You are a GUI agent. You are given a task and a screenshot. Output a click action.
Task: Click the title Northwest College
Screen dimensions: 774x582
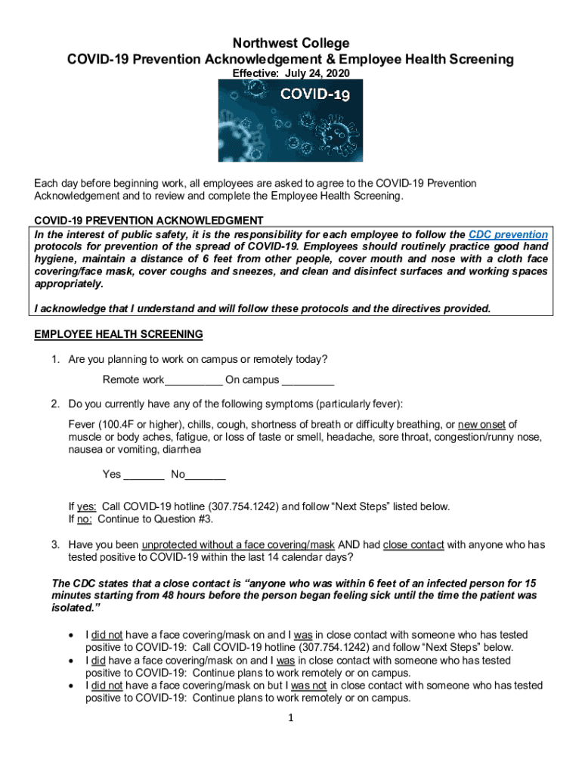[x=290, y=43]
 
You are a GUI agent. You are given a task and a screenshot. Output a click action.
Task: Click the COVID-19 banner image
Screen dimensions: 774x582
[x=290, y=120]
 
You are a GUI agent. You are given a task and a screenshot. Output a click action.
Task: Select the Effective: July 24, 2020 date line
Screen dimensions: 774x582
[x=290, y=74]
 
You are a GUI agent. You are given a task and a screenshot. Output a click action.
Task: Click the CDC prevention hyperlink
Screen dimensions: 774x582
[x=508, y=235]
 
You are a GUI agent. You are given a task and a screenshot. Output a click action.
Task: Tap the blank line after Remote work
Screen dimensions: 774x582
[x=193, y=380]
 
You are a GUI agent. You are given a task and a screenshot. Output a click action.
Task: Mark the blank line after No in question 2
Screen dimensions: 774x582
[x=206, y=475]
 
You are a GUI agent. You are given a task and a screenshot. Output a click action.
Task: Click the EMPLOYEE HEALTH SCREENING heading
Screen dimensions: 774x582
[x=119, y=334]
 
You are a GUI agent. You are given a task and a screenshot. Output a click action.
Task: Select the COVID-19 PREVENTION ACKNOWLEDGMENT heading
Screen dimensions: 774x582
[x=149, y=220]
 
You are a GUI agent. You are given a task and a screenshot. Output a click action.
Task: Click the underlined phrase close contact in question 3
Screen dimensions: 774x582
[x=413, y=544]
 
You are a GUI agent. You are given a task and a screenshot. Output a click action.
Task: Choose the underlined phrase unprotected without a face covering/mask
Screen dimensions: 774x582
[x=238, y=544]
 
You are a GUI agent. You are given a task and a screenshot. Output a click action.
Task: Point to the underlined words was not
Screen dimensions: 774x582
[x=309, y=686]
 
